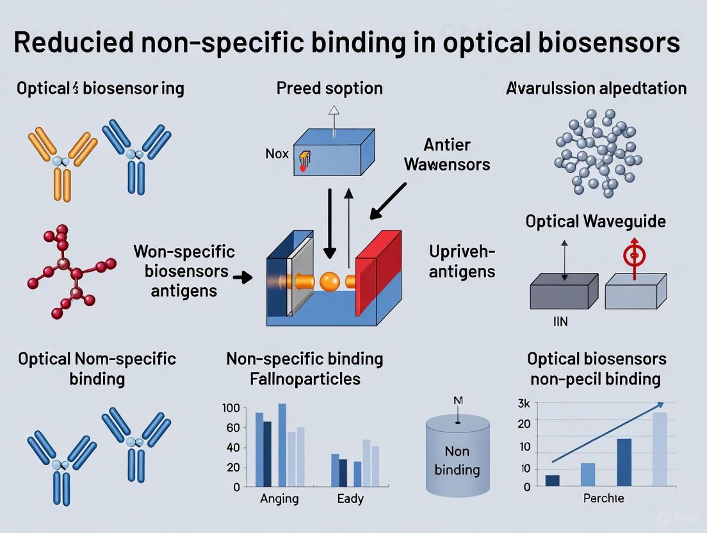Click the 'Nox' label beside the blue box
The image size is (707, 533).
click(x=276, y=154)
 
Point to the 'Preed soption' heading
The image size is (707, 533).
click(x=329, y=88)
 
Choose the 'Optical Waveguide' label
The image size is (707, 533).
click(x=596, y=222)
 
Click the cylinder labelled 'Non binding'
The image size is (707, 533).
click(x=457, y=455)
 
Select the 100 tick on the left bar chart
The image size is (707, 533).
click(x=231, y=408)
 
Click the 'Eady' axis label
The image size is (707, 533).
click(x=350, y=498)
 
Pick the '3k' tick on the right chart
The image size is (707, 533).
click(x=524, y=404)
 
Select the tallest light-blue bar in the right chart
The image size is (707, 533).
click(x=660, y=448)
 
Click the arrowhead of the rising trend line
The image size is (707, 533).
click(x=660, y=404)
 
